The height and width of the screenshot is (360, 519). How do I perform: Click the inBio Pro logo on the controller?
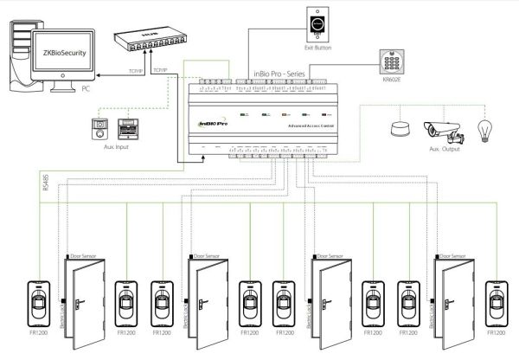point(214,124)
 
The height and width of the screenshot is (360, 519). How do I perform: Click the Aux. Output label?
point(442,150)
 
